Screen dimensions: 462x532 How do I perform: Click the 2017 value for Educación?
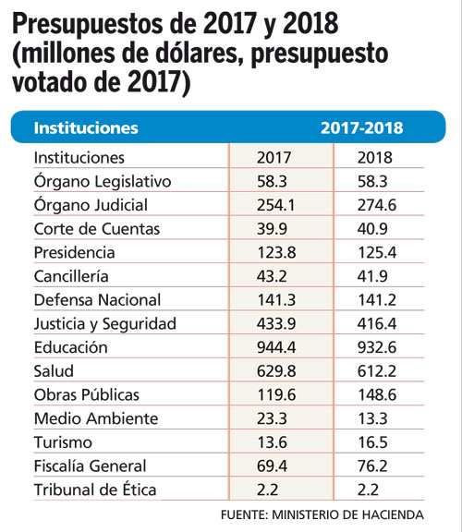pyautogui.click(x=276, y=347)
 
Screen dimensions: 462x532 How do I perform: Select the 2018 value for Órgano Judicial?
pyautogui.click(x=377, y=205)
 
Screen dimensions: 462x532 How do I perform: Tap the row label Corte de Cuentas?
pyautogui.click(x=97, y=229)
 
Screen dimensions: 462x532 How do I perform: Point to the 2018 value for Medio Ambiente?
pyautogui.click(x=372, y=418)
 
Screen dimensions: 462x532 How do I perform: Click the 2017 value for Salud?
pyautogui.click(x=276, y=371)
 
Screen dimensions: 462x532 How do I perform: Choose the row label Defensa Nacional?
pyautogui.click(x=97, y=300)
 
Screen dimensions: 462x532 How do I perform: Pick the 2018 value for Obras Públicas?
pyautogui.click(x=377, y=395)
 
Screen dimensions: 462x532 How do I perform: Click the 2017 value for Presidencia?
pyautogui.click(x=276, y=253)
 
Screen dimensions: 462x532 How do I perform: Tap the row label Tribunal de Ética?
pyautogui.click(x=95, y=490)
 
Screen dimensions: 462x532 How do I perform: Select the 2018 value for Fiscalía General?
pyautogui.click(x=372, y=466)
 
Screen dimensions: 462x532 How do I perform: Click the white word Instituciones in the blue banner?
pyautogui.click(x=86, y=127)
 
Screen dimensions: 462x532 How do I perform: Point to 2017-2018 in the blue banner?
pyautogui.click(x=362, y=127)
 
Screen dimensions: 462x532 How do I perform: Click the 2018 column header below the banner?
pyautogui.click(x=375, y=158)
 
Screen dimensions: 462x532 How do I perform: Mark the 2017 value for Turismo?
pyautogui.click(x=273, y=442)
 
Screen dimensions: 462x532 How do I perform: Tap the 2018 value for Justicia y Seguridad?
pyautogui.click(x=377, y=323)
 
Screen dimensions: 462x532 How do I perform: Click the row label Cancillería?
pyautogui.click(x=71, y=276)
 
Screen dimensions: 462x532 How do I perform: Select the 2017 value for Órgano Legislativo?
pyautogui.click(x=272, y=182)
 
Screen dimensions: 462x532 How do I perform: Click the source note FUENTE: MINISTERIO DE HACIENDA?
pyautogui.click(x=322, y=514)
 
